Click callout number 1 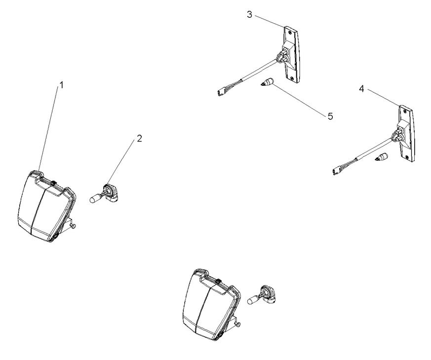click(x=62, y=85)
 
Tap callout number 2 click(x=139, y=139)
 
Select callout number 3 click(x=250, y=14)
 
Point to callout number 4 click(x=362, y=89)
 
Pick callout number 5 click(x=330, y=116)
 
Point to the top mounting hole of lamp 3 click(x=288, y=30)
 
